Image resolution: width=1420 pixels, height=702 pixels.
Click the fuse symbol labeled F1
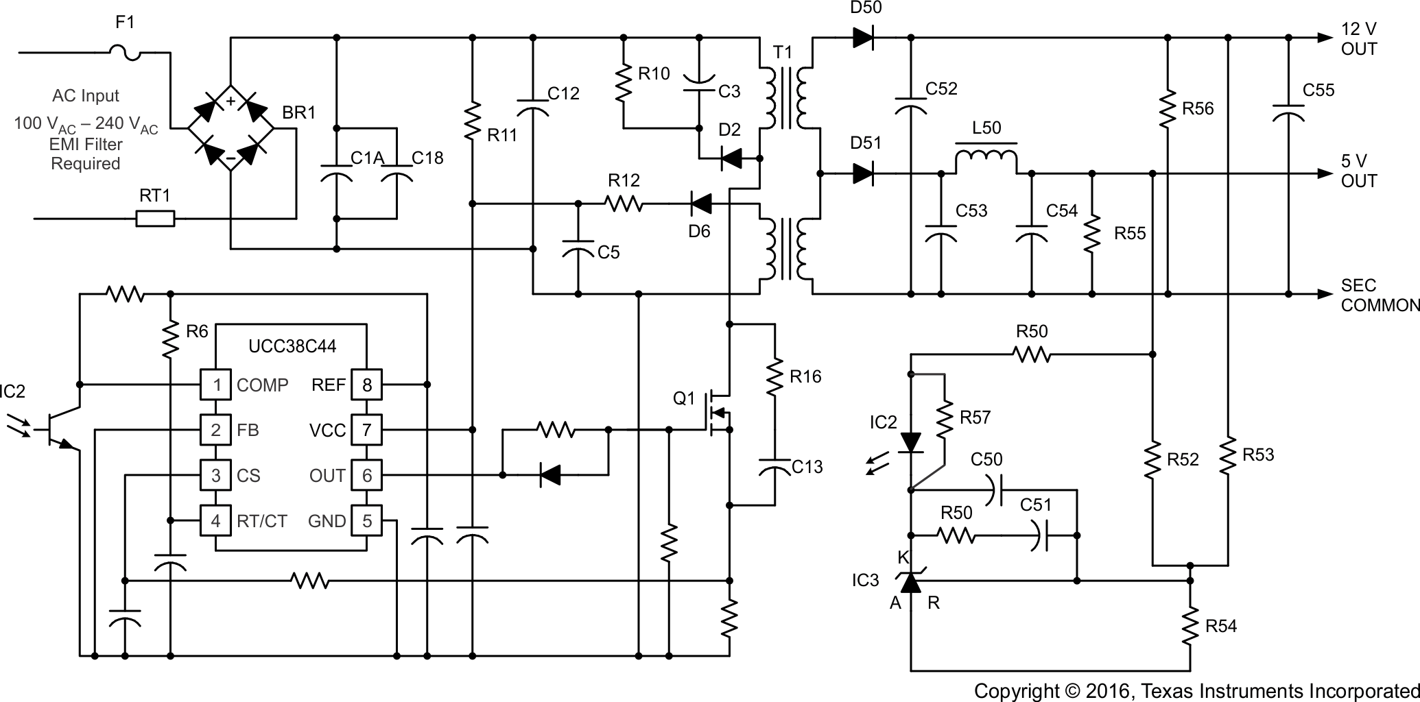point(126,51)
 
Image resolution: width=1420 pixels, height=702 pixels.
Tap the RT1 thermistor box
point(155,219)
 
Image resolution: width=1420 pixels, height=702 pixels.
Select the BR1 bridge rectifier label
point(299,112)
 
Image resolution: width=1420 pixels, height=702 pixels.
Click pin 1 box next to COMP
point(215,385)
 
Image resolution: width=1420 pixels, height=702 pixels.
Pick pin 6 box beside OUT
point(367,475)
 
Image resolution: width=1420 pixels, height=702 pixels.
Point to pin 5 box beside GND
point(367,521)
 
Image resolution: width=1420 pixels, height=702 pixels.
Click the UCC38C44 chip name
point(292,346)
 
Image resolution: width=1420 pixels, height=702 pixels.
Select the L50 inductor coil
point(986,160)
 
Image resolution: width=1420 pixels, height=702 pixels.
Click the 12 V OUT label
point(1359,39)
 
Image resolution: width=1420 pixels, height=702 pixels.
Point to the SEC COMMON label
point(1379,295)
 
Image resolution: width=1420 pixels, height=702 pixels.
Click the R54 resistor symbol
point(1190,625)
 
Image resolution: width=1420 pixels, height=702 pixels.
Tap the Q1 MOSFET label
point(684,398)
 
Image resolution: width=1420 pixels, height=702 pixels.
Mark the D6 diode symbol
point(700,203)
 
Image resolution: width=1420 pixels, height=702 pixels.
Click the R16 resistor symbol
point(774,376)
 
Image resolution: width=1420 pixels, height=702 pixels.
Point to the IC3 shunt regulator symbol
point(911,581)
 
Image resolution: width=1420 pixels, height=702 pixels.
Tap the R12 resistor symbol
point(624,203)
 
